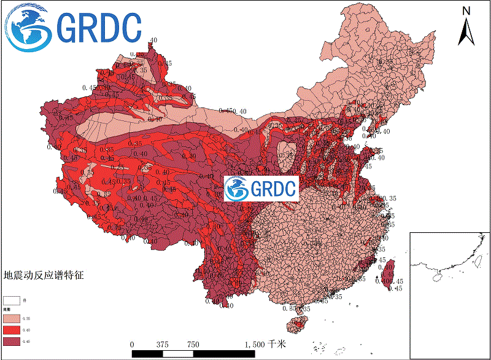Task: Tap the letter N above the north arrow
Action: coord(466,10)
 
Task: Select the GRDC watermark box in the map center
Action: coord(261,188)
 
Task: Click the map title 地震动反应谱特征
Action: coord(43,276)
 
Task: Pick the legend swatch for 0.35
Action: coord(12,319)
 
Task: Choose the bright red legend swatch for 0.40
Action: coord(12,331)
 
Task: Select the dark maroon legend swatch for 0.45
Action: coord(12,341)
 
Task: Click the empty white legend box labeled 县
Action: coord(12,300)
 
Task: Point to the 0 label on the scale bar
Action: coord(133,345)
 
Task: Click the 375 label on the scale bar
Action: coord(163,345)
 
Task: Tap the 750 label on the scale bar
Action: coord(193,345)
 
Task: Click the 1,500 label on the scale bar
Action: coord(254,345)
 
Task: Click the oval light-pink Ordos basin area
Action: coord(286,154)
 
